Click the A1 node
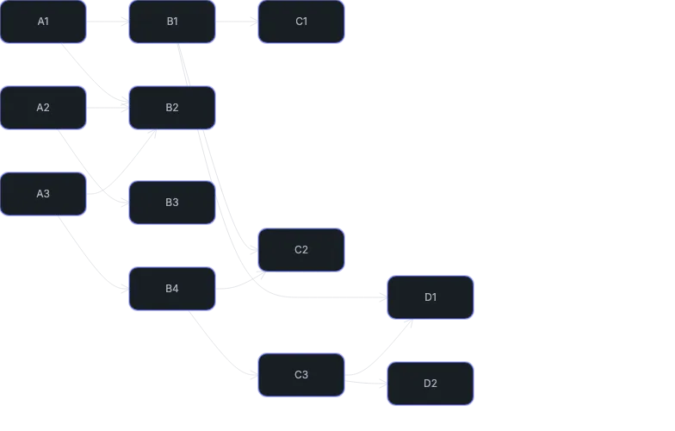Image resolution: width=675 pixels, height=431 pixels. click(43, 22)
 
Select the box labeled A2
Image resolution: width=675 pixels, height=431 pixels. click(43, 108)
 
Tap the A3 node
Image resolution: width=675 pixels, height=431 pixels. click(43, 194)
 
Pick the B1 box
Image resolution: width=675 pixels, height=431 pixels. click(172, 22)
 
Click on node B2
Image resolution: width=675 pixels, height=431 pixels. click(172, 108)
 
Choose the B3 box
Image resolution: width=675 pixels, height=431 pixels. click(172, 203)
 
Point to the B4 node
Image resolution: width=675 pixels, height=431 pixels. click(172, 289)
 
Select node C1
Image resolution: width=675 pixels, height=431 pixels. click(301, 22)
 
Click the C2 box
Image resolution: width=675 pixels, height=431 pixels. click(301, 250)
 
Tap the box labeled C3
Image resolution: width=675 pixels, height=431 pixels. click(301, 375)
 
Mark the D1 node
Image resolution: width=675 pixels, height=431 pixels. click(430, 297)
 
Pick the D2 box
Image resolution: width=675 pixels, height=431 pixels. click(430, 384)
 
